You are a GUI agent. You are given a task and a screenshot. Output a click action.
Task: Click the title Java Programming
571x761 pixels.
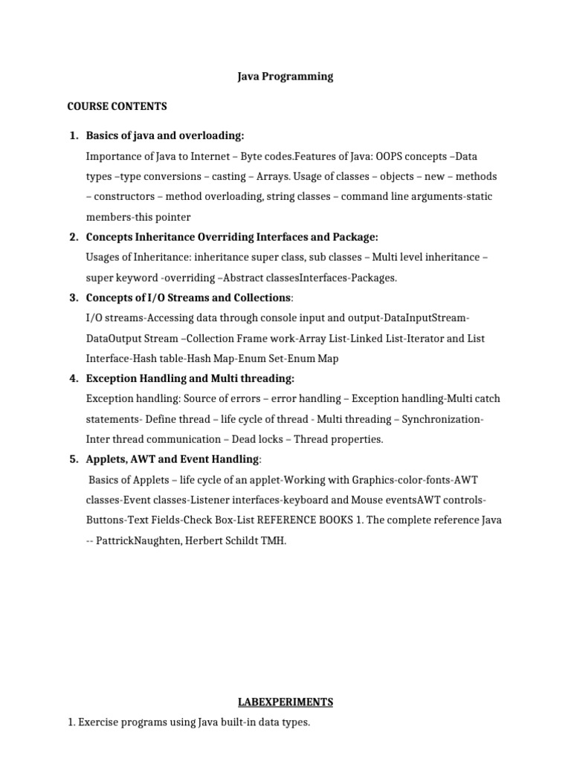pyautogui.click(x=285, y=76)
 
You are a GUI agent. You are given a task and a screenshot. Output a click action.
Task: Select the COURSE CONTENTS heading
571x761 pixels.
pyautogui.click(x=117, y=106)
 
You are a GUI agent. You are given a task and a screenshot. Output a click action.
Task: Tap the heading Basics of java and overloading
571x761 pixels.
pyautogui.click(x=164, y=136)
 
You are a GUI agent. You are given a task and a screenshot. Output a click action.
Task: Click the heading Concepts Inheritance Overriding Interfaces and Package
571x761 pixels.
pyautogui.click(x=232, y=237)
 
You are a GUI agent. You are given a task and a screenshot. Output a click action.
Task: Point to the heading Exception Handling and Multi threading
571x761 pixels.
pyautogui.click(x=190, y=378)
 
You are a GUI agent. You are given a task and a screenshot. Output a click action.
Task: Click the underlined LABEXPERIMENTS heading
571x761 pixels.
pyautogui.click(x=285, y=702)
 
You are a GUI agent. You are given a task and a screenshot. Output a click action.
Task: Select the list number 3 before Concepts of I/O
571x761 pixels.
pyautogui.click(x=74, y=298)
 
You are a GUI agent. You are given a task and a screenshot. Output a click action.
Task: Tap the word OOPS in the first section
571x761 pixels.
pyautogui.click(x=389, y=157)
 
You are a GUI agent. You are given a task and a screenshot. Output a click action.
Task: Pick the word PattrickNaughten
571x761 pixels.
pyautogui.click(x=141, y=540)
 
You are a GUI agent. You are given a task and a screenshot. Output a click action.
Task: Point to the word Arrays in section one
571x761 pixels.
pyautogui.click(x=272, y=177)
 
